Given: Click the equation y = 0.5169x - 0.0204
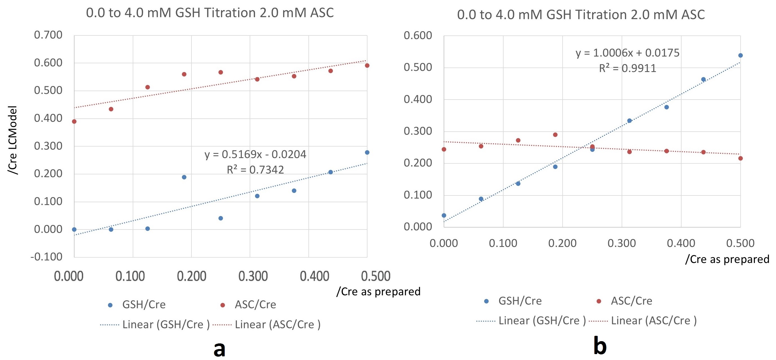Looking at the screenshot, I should [x=255, y=154].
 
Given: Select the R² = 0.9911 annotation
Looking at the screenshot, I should [x=628, y=68].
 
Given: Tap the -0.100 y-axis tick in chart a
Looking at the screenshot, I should [x=46, y=257].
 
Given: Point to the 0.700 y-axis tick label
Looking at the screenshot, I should [x=48, y=35].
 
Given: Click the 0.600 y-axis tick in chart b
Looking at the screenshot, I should [x=418, y=35].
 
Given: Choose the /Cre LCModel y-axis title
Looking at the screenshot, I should [x=12, y=140].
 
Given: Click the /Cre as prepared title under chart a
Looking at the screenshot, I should [x=378, y=292].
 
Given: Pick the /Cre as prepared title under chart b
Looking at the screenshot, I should [x=727, y=259].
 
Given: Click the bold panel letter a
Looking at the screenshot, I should [x=219, y=349].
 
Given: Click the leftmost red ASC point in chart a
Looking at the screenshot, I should [x=74, y=121].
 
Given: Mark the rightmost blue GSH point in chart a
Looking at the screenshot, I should [x=367, y=152].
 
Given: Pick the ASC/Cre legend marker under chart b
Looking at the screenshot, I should [x=599, y=301].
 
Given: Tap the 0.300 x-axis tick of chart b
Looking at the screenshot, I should [x=621, y=243].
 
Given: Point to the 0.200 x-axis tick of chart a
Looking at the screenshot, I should [x=191, y=276].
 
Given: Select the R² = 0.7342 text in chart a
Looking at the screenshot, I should [x=255, y=170].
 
